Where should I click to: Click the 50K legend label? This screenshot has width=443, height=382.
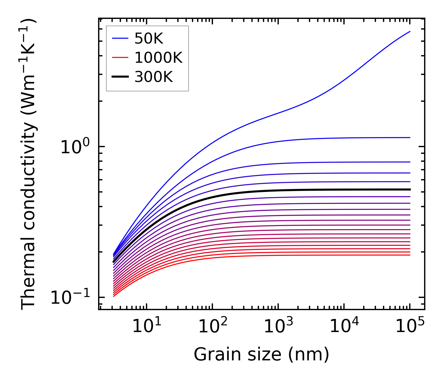[149, 38]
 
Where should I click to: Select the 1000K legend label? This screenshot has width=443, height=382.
[158, 58]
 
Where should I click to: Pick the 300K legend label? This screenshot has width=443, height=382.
[154, 77]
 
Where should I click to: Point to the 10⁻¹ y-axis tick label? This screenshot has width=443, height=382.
[70, 298]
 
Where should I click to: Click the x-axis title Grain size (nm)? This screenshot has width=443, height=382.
[261, 355]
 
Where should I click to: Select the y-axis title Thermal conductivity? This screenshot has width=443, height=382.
[29, 164]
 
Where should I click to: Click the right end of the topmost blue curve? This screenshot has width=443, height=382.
[410, 31]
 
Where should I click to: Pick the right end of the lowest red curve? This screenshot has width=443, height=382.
[410, 255]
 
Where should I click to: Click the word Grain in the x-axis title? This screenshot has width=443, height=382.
[211, 355]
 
